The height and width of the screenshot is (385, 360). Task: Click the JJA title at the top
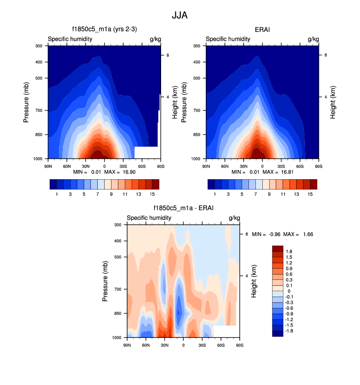180,15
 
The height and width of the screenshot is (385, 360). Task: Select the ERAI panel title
263,30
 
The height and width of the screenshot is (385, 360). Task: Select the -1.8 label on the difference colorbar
291,331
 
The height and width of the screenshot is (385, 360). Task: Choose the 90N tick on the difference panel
127,344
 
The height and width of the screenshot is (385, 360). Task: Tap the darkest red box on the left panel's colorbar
156,184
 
